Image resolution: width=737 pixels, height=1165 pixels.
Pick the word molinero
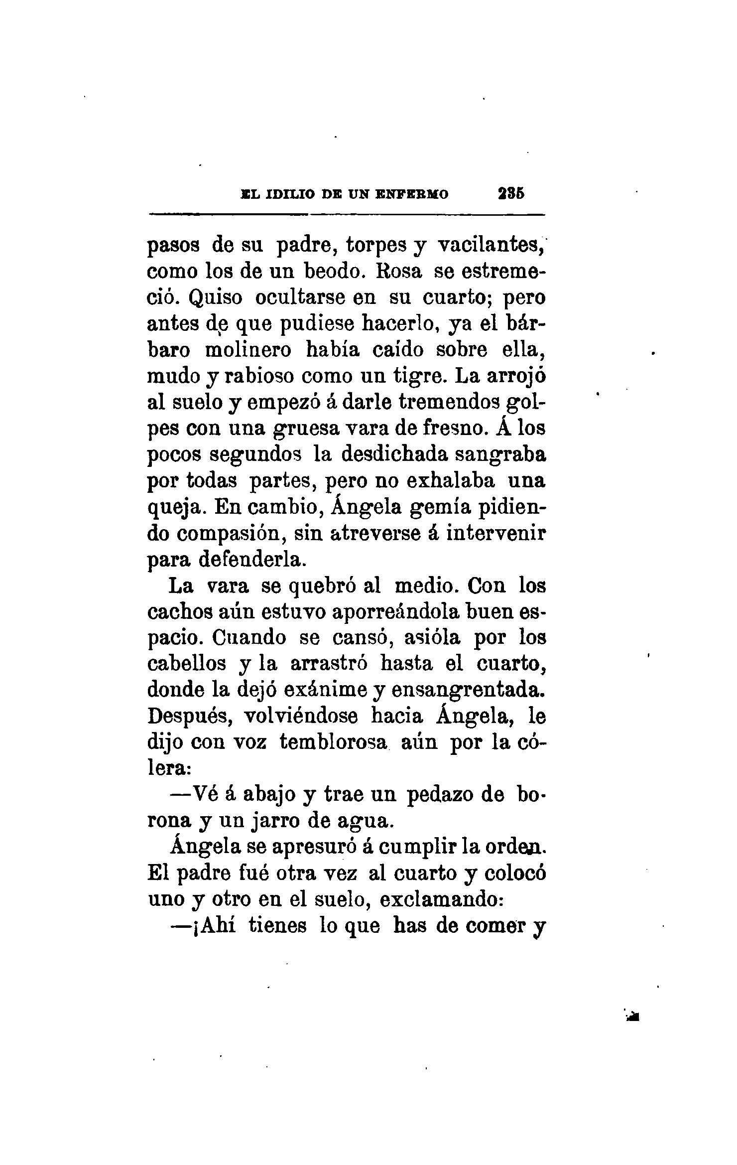pyautogui.click(x=248, y=350)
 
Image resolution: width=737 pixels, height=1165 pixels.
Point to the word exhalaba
pyautogui.click(x=451, y=480)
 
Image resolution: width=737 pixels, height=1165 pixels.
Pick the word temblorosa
pyautogui.click(x=333, y=742)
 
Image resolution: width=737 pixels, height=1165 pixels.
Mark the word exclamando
pyautogui.click(x=442, y=900)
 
